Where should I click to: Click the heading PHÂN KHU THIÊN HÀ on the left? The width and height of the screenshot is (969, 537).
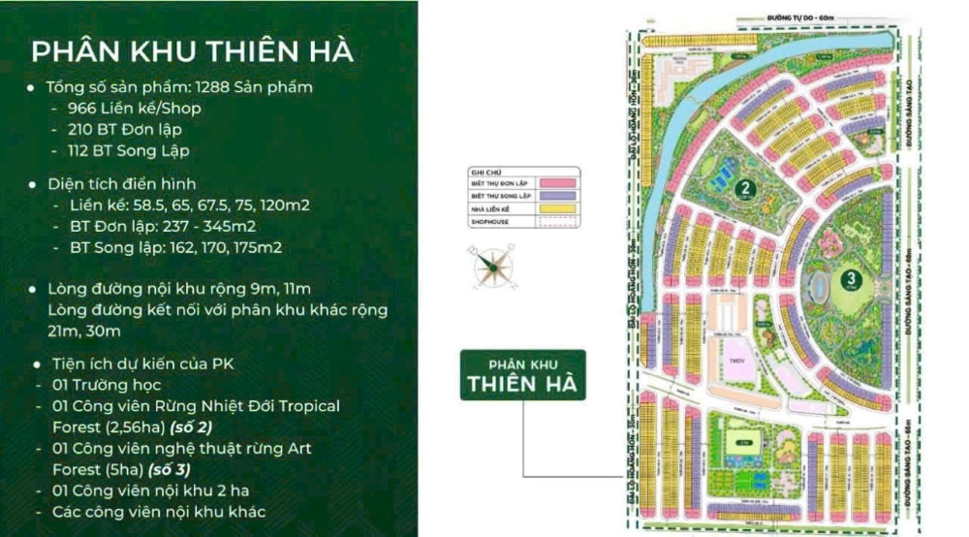[x=192, y=50]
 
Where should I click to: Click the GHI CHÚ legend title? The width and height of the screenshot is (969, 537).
[x=484, y=168]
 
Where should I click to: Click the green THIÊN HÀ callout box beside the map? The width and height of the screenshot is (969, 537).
[x=522, y=373]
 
